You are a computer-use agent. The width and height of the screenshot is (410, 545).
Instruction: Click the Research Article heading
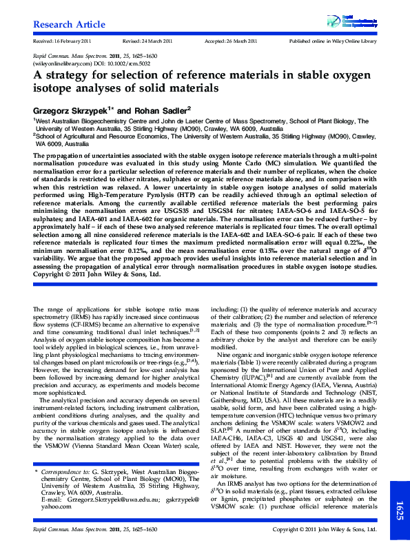(69, 25)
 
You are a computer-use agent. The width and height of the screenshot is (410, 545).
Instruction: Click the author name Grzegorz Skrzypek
(72, 110)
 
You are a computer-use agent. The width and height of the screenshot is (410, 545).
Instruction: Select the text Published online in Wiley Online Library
(334, 41)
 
